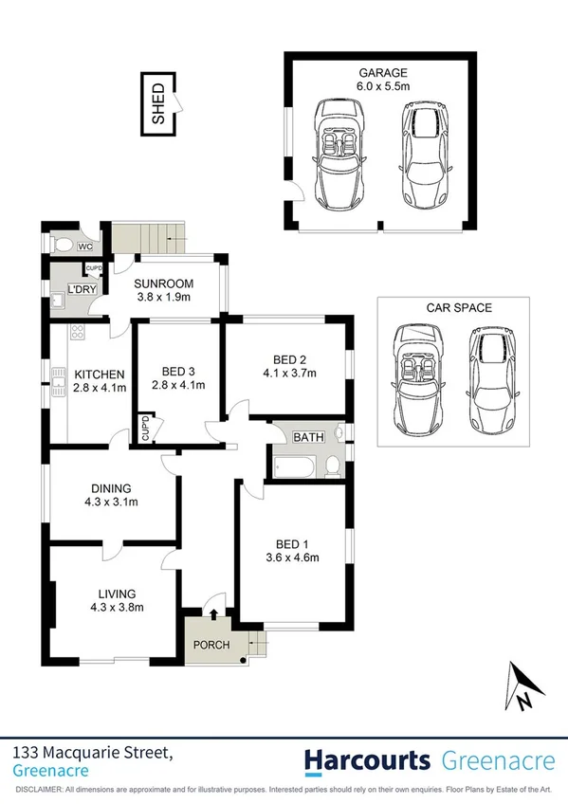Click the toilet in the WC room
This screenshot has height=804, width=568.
coord(63,245)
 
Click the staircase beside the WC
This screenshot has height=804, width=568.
coord(145,235)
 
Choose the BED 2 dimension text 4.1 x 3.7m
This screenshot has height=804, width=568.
coord(289,373)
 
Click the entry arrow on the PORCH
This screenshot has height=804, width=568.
coord(215,613)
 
